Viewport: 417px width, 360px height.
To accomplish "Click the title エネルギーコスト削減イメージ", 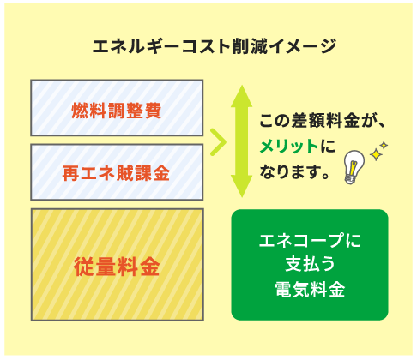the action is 215,46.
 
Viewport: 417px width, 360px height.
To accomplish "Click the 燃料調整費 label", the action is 117,111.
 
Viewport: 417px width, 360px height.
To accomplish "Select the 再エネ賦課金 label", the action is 116,173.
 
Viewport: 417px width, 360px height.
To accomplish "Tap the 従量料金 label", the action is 117,267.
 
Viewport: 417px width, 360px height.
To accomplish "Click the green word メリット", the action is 288,147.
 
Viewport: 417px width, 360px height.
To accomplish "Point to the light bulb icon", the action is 354,166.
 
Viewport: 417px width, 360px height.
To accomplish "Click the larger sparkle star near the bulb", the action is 376,154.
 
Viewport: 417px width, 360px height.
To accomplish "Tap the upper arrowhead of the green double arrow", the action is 242,96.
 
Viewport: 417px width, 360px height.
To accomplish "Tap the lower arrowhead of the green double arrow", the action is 242,186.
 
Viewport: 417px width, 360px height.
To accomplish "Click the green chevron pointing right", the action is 219,142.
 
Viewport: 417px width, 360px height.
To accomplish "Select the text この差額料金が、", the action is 323,121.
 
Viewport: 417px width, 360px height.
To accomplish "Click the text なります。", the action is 294,171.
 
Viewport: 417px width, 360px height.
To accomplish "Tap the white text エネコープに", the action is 310,240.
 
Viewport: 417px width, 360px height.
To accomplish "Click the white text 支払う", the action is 310,264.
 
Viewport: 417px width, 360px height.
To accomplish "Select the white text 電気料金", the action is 310,289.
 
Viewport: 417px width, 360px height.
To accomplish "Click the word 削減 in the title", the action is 249,46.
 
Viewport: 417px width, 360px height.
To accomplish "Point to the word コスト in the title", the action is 206,46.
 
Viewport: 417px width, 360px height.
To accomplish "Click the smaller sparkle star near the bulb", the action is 384,145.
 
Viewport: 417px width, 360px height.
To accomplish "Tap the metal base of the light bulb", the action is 349,179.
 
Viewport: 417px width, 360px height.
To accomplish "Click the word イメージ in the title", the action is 301,46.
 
